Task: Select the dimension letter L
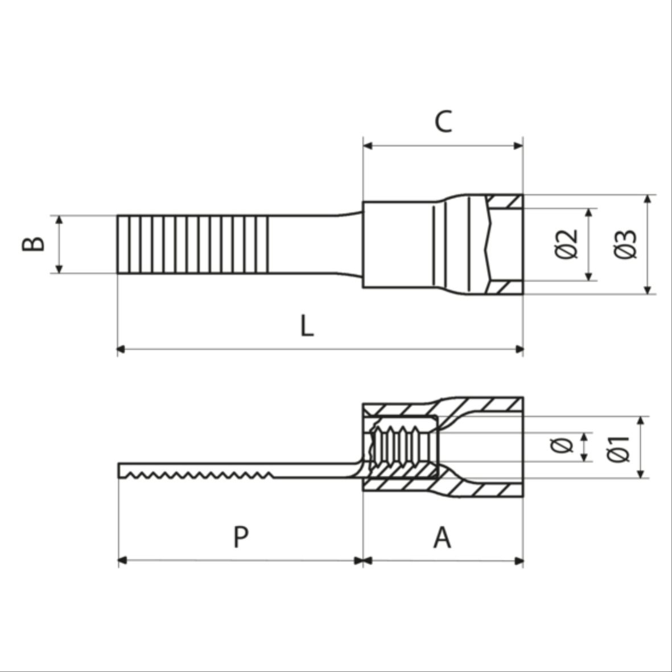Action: pos(307,325)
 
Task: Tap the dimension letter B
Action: pos(34,244)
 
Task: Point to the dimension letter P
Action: pos(241,537)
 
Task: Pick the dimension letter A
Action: pos(442,537)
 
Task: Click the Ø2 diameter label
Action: pos(567,244)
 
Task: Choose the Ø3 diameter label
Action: pos(625,244)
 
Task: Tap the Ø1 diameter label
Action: pos(619,449)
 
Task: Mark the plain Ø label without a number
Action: pos(562,446)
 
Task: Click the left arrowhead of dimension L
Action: pos(121,349)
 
